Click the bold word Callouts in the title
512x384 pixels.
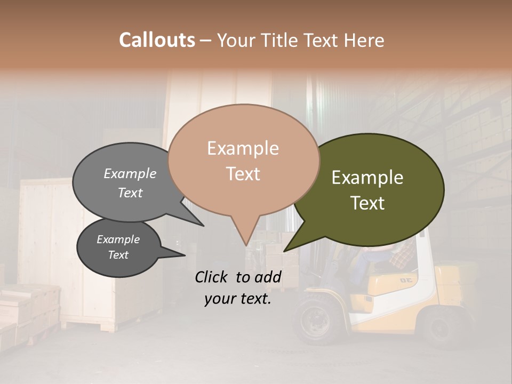coord(157,40)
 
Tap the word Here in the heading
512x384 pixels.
coord(363,40)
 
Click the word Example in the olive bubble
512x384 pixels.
coord(367,178)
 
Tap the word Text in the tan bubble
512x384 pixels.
coord(243,174)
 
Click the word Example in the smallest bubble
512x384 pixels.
coord(118,239)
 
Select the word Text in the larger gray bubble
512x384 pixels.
coord(130,193)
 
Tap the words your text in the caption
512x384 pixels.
coord(237,299)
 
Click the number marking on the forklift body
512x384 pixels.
coord(406,279)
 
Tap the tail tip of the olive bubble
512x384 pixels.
coord(284,251)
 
